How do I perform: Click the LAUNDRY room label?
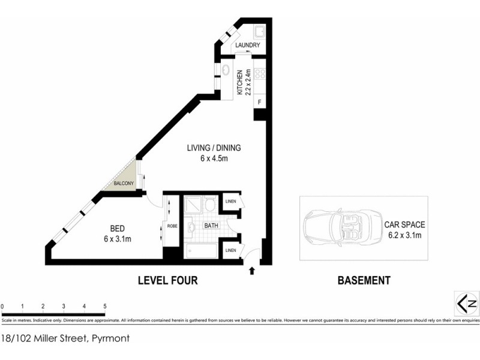(247, 46)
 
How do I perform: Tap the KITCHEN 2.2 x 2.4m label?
(242, 83)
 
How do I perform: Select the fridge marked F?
(259, 103)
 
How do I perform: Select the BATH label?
(211, 226)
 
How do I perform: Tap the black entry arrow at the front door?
(252, 271)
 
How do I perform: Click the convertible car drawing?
(338, 228)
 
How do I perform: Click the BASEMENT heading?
(364, 280)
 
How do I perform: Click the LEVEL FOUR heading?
(167, 280)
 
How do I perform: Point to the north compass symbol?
(466, 302)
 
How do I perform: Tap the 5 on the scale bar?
(104, 306)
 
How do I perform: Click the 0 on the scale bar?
(2, 306)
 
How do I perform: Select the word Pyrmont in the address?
(110, 338)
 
